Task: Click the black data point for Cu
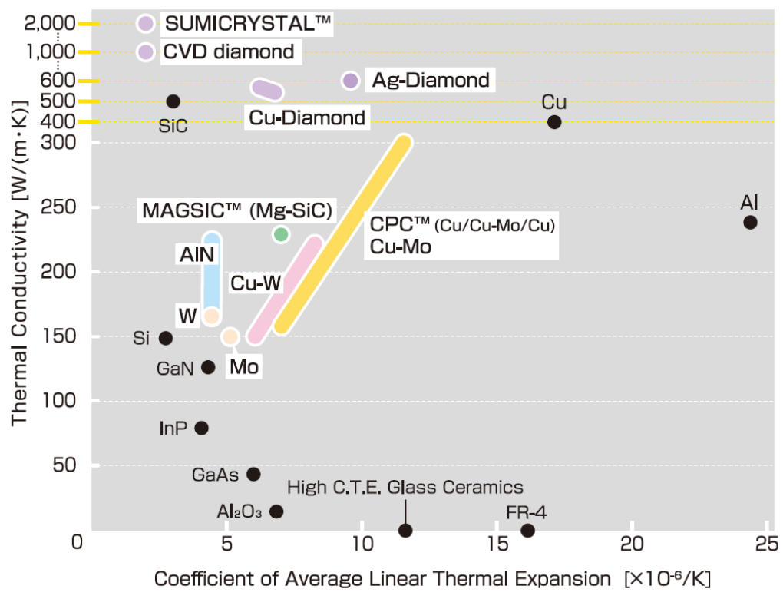click(x=554, y=122)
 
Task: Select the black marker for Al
click(x=750, y=223)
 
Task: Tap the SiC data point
click(x=173, y=101)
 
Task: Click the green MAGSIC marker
click(x=281, y=234)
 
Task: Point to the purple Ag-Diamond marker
click(x=351, y=81)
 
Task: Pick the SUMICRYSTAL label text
click(x=248, y=24)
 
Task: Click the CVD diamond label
click(x=229, y=52)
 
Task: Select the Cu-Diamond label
click(x=307, y=118)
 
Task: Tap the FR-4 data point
click(x=527, y=530)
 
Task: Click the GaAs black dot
click(x=253, y=475)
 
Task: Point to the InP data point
click(x=202, y=428)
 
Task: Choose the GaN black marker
click(x=208, y=367)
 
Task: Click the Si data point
click(x=166, y=338)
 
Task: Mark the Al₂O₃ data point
click(x=276, y=511)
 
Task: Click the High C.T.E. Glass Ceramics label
click(x=405, y=488)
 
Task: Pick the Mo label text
click(x=243, y=367)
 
